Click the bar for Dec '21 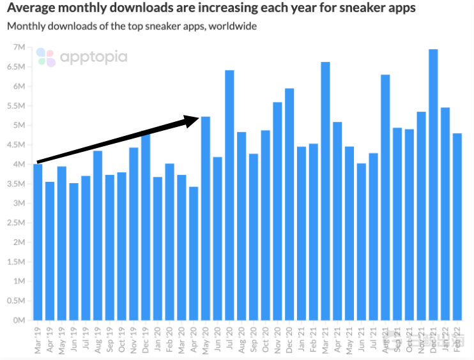pos(433,185)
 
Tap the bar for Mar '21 pos(325,191)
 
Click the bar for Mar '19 pos(38,243)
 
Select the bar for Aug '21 pos(385,198)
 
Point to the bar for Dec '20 pos(289,204)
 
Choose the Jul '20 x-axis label pos(229,338)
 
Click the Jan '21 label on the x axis pos(300,338)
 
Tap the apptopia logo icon pos(45,57)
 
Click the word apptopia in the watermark pos(93,57)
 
